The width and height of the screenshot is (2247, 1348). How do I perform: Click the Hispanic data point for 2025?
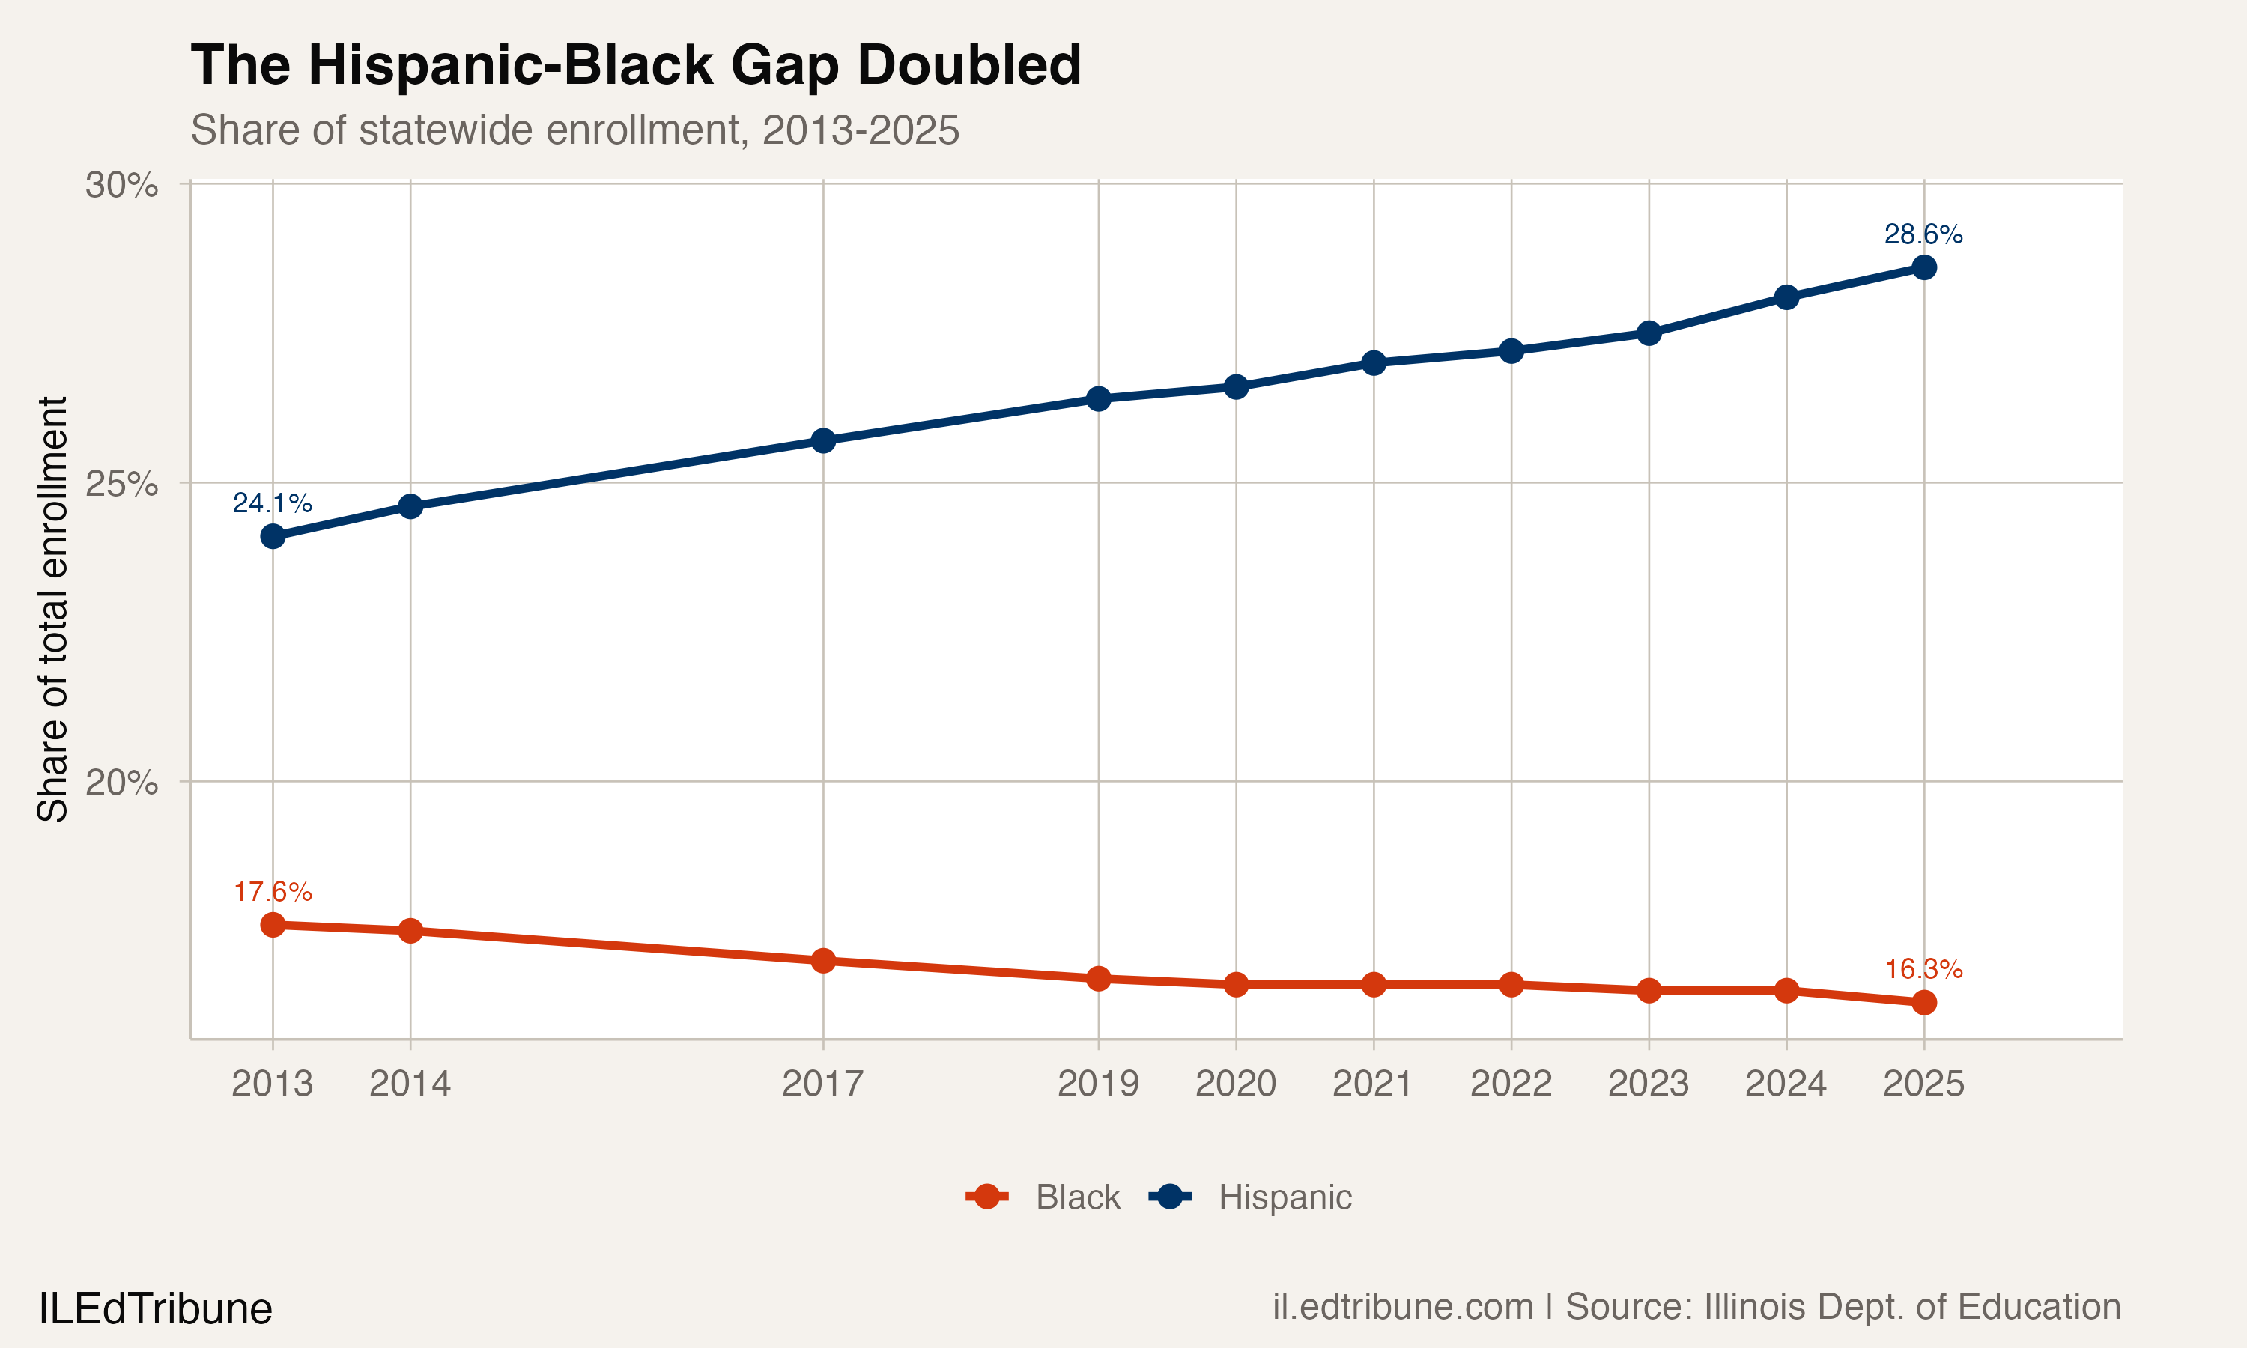(1923, 267)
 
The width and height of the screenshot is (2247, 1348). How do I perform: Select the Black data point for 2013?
(273, 925)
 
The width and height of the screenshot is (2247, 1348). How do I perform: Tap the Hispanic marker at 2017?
(823, 440)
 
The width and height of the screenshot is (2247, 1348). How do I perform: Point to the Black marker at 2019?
(1098, 978)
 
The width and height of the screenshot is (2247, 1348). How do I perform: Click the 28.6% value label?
(1923, 234)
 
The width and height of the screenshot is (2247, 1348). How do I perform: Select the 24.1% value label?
(272, 503)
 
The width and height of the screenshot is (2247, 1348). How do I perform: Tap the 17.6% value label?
(273, 892)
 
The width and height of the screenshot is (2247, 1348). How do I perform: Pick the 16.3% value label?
(1923, 969)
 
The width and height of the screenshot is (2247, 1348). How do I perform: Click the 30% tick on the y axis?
(121, 185)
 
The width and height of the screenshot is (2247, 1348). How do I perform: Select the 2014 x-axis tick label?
(410, 1084)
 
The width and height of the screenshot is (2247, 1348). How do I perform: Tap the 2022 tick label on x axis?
(1511, 1084)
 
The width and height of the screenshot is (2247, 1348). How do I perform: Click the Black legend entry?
(1077, 1197)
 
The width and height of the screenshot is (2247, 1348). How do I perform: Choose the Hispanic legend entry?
(1285, 1197)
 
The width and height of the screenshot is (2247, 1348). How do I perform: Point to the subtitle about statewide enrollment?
(574, 130)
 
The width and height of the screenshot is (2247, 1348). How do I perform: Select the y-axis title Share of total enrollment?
(52, 609)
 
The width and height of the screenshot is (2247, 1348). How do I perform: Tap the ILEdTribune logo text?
(155, 1309)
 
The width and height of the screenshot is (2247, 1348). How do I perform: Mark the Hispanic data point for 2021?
(1373, 363)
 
